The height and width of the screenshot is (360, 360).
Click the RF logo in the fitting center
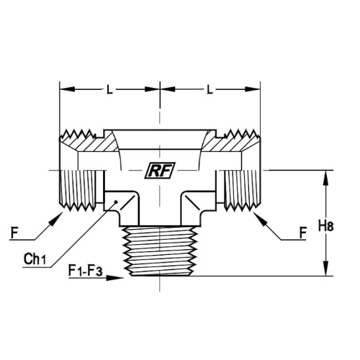tap(160, 171)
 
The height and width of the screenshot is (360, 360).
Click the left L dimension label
tap(109, 90)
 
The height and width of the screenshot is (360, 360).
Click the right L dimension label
tap(210, 90)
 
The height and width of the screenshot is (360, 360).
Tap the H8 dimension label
tap(325, 226)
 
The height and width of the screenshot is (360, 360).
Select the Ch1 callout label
tap(35, 259)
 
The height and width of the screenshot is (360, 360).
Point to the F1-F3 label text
tap(86, 271)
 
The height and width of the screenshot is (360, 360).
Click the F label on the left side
tap(14, 233)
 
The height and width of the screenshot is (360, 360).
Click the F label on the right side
tap(303, 233)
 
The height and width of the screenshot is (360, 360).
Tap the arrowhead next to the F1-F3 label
tap(114, 278)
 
